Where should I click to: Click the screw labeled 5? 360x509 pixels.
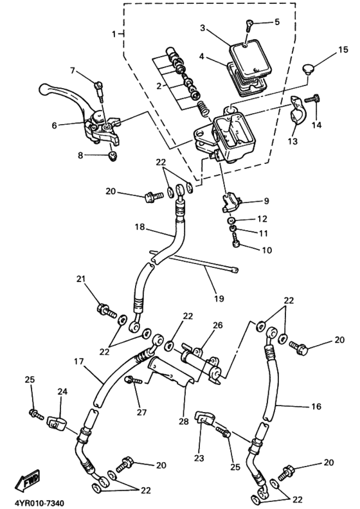click(x=250, y=25)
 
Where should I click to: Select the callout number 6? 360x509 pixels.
click(x=55, y=125)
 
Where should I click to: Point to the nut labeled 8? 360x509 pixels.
click(x=113, y=156)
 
